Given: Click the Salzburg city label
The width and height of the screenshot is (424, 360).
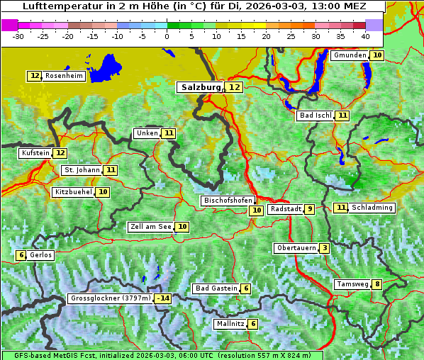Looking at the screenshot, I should [200, 87].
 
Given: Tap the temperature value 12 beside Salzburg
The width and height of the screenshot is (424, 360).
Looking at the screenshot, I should [234, 87].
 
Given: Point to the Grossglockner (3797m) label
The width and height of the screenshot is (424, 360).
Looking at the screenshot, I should [111, 298].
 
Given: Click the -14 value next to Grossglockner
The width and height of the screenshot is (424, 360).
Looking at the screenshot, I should [163, 298].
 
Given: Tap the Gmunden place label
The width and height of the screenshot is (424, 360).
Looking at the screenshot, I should [350, 55].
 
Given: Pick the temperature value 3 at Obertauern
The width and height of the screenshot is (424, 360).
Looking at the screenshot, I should [324, 248].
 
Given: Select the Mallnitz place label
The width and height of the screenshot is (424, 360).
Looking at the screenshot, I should [230, 324].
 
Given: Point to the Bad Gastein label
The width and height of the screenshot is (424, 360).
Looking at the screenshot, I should [216, 288].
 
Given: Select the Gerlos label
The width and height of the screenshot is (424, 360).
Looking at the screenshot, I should [40, 255].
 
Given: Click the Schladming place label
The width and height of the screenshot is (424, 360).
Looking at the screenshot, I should [372, 208].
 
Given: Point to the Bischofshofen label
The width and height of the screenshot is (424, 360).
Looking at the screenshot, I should [228, 201].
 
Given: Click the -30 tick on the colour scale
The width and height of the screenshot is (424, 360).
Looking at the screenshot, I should [18, 35].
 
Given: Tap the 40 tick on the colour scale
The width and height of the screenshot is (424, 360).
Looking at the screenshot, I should [365, 35].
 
